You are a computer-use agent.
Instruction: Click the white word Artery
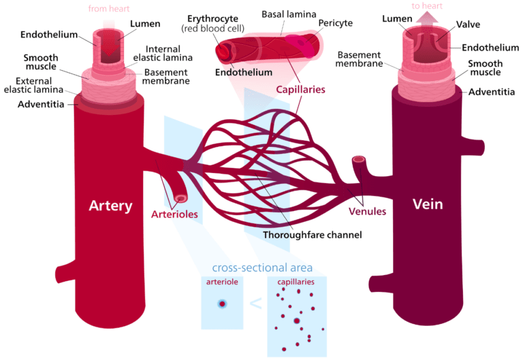coord(110,206)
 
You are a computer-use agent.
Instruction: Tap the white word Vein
coord(428,204)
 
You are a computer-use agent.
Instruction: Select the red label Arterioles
coord(174,214)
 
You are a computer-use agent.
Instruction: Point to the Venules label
coord(367,211)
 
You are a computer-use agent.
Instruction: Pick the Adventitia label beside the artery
coord(40,104)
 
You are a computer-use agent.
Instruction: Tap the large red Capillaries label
coord(300,89)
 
